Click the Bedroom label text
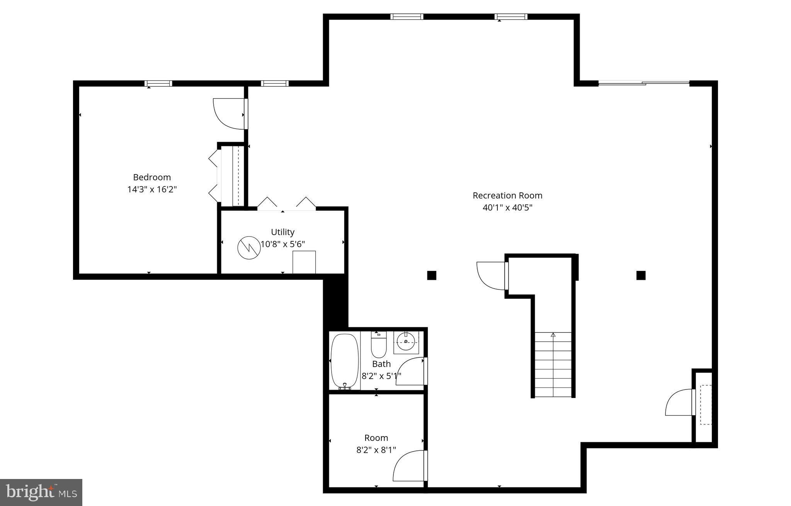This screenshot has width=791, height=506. point(152,177)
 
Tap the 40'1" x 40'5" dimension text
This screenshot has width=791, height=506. point(507,208)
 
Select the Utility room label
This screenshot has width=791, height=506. point(282,232)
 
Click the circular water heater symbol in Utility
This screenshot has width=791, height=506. point(249,248)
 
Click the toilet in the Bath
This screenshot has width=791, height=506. point(379,344)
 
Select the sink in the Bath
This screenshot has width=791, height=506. point(406,342)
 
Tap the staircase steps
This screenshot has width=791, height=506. point(553,365)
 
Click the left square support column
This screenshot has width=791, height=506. point(432,275)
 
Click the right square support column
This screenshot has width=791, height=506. point(641,275)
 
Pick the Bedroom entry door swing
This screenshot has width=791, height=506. point(229,114)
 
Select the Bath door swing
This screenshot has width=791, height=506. point(411,371)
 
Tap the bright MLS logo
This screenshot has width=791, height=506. point(41,492)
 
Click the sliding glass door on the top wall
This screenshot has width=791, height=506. point(643,83)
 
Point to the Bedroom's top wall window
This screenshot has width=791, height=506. point(158,83)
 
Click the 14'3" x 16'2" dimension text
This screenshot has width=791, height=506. point(152,190)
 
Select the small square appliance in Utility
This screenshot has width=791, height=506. point(304,262)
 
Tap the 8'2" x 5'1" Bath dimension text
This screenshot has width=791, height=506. point(381,376)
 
